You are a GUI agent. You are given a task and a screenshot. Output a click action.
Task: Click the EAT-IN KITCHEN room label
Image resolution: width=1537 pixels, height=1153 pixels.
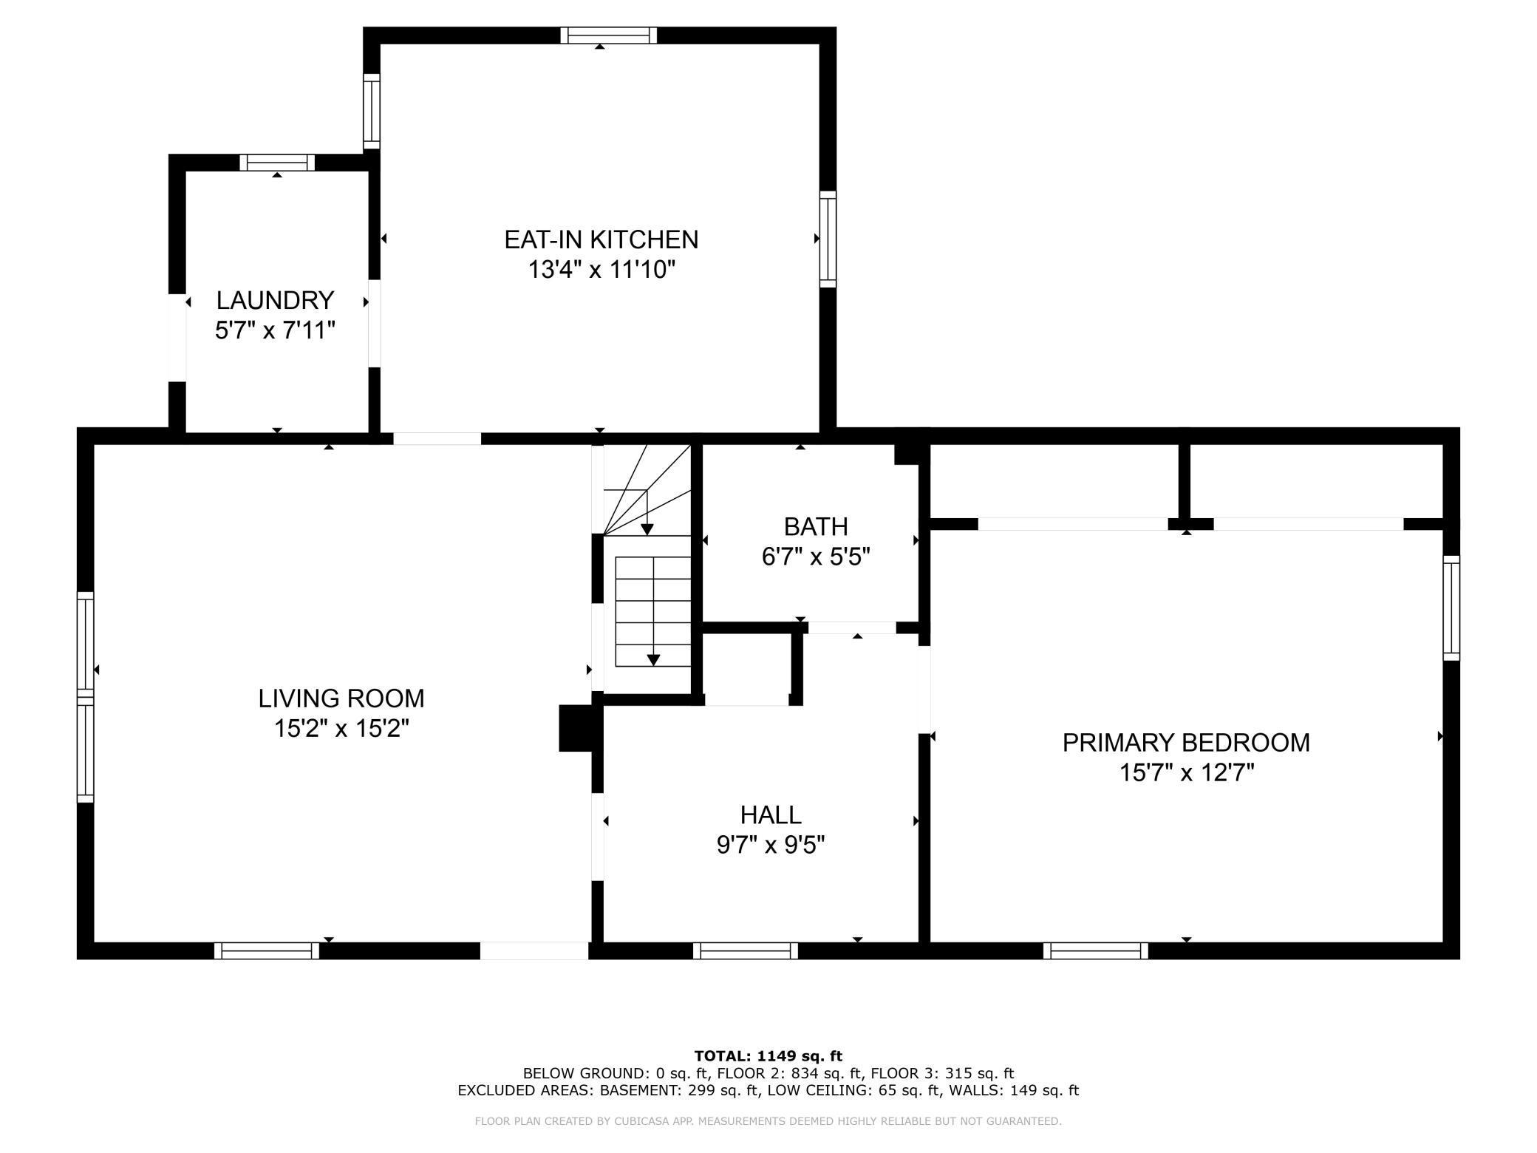[601, 239]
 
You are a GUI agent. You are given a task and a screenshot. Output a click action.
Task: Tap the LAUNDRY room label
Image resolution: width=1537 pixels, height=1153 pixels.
[275, 300]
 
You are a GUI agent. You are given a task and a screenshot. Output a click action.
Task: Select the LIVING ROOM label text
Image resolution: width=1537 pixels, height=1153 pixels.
[341, 698]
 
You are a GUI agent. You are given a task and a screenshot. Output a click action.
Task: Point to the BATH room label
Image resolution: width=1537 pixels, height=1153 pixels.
[816, 527]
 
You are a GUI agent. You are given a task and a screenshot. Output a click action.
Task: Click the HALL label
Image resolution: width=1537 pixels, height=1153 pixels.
[771, 814]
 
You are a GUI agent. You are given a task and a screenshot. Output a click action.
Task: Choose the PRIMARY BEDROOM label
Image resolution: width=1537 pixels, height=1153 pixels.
[1186, 743]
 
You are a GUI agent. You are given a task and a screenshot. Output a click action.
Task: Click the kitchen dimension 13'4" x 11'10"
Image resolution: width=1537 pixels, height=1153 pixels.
[601, 270]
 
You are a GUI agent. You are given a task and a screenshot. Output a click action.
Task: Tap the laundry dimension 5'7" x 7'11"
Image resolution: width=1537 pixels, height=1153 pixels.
[275, 330]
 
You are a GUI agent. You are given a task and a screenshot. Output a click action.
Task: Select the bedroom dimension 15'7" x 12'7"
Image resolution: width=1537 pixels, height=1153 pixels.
[1187, 773]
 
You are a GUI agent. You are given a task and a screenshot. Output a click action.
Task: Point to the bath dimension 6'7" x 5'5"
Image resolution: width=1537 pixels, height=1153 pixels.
[816, 557]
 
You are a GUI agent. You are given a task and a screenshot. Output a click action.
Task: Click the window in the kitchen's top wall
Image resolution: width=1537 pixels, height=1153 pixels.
[608, 35]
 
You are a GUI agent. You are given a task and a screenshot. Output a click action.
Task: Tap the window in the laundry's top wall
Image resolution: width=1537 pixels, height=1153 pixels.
[277, 163]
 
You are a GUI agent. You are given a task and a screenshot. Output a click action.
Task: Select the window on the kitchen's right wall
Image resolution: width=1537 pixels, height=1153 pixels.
[828, 239]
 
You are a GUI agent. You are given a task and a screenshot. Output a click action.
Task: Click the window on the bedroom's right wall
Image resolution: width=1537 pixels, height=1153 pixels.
[1451, 608]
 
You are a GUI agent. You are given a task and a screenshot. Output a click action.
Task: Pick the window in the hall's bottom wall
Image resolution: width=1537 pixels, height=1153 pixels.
[746, 950]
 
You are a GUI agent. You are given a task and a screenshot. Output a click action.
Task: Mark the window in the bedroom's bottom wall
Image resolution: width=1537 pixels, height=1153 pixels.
[1096, 950]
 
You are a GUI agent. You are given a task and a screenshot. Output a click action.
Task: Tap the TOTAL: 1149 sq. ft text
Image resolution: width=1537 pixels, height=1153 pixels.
[768, 1056]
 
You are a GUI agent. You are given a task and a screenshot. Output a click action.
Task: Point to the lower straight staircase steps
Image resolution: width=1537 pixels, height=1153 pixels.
[653, 611]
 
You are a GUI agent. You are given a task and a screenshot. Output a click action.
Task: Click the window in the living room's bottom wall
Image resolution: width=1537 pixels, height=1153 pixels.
[267, 950]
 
